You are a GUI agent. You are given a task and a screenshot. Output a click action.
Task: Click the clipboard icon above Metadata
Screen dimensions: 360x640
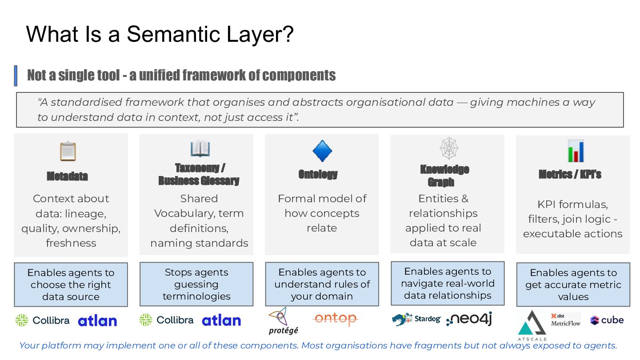pyautogui.click(x=68, y=151)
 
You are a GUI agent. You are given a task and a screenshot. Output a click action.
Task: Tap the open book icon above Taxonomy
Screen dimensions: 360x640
pyautogui.click(x=200, y=149)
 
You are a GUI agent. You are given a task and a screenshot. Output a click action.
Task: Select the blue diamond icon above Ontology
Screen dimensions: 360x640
pyautogui.click(x=323, y=151)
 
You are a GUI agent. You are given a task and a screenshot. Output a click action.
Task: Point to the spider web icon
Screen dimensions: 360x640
pyautogui.click(x=448, y=148)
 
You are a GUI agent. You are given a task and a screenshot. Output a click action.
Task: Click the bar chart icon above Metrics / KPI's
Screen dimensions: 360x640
pyautogui.click(x=576, y=151)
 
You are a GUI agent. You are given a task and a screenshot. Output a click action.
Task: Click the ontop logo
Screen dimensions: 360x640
pyautogui.click(x=335, y=319)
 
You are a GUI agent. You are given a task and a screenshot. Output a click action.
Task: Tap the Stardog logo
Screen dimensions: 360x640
pyautogui.click(x=416, y=319)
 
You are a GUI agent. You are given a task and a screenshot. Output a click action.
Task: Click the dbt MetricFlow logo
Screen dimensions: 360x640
pyautogui.click(x=565, y=320)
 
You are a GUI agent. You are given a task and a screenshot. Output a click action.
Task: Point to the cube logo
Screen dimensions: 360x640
pyautogui.click(x=607, y=320)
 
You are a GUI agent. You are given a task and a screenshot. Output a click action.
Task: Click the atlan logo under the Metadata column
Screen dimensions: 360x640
pyautogui.click(x=97, y=321)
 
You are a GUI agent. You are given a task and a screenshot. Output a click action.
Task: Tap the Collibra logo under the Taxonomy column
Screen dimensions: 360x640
pyautogui.click(x=167, y=320)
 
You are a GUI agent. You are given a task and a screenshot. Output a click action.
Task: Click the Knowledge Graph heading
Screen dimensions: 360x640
pyautogui.click(x=444, y=176)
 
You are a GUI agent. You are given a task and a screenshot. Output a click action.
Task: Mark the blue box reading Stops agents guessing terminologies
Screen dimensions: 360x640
pyautogui.click(x=196, y=284)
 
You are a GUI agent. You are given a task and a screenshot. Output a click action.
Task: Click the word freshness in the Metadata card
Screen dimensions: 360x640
pyautogui.click(x=71, y=243)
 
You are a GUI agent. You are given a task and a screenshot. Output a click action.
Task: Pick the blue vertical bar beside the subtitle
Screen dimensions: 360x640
pyautogui.click(x=16, y=76)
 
